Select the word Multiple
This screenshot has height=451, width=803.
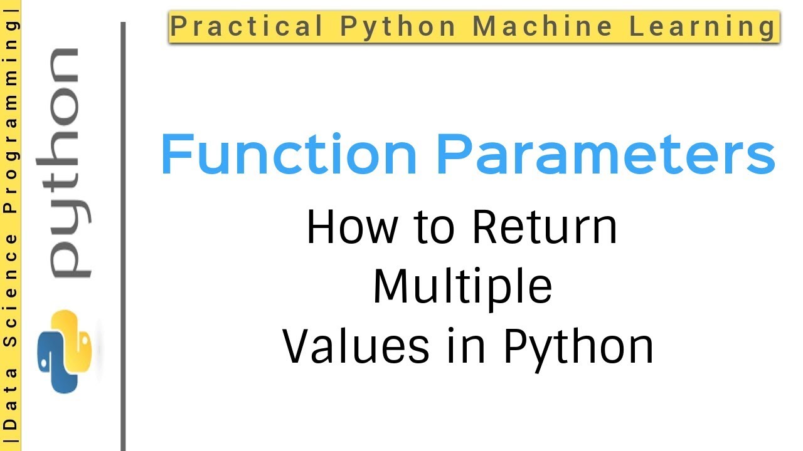462,286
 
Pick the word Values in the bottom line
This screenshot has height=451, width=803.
356,346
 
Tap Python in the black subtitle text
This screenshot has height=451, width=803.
578,347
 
